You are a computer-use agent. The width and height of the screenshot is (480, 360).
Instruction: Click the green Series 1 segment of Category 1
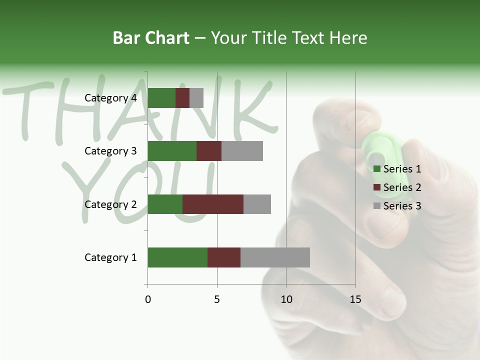coord(177,257)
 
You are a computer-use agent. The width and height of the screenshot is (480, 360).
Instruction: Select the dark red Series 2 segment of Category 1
coord(224,257)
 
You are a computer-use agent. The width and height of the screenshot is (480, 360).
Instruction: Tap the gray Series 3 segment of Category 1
coord(275,257)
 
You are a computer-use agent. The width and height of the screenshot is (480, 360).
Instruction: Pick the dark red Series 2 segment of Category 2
coord(213,204)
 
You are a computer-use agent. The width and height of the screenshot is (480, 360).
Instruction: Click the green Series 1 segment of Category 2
coord(165,204)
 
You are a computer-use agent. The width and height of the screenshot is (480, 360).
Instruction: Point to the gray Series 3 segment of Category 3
coord(242,151)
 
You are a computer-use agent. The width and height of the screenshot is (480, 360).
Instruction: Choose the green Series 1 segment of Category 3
coord(172,151)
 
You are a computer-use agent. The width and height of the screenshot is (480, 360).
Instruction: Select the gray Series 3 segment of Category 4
coord(196,98)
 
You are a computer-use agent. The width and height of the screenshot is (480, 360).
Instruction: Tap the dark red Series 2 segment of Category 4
coord(182,98)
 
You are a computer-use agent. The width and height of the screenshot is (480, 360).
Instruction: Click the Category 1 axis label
coord(110,257)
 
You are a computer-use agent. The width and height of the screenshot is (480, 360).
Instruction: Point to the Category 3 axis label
coord(110,151)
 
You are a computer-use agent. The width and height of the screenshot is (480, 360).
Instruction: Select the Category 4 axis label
coord(110,98)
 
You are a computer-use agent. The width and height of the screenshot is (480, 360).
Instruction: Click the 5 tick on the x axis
coord(217,299)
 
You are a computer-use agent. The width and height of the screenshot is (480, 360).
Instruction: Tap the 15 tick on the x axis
coord(355,299)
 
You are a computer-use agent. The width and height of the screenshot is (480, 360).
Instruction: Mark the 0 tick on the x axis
coord(148,299)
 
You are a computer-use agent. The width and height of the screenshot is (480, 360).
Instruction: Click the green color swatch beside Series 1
coord(377,169)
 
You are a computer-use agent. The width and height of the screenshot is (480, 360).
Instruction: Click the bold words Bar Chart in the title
coord(151,38)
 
